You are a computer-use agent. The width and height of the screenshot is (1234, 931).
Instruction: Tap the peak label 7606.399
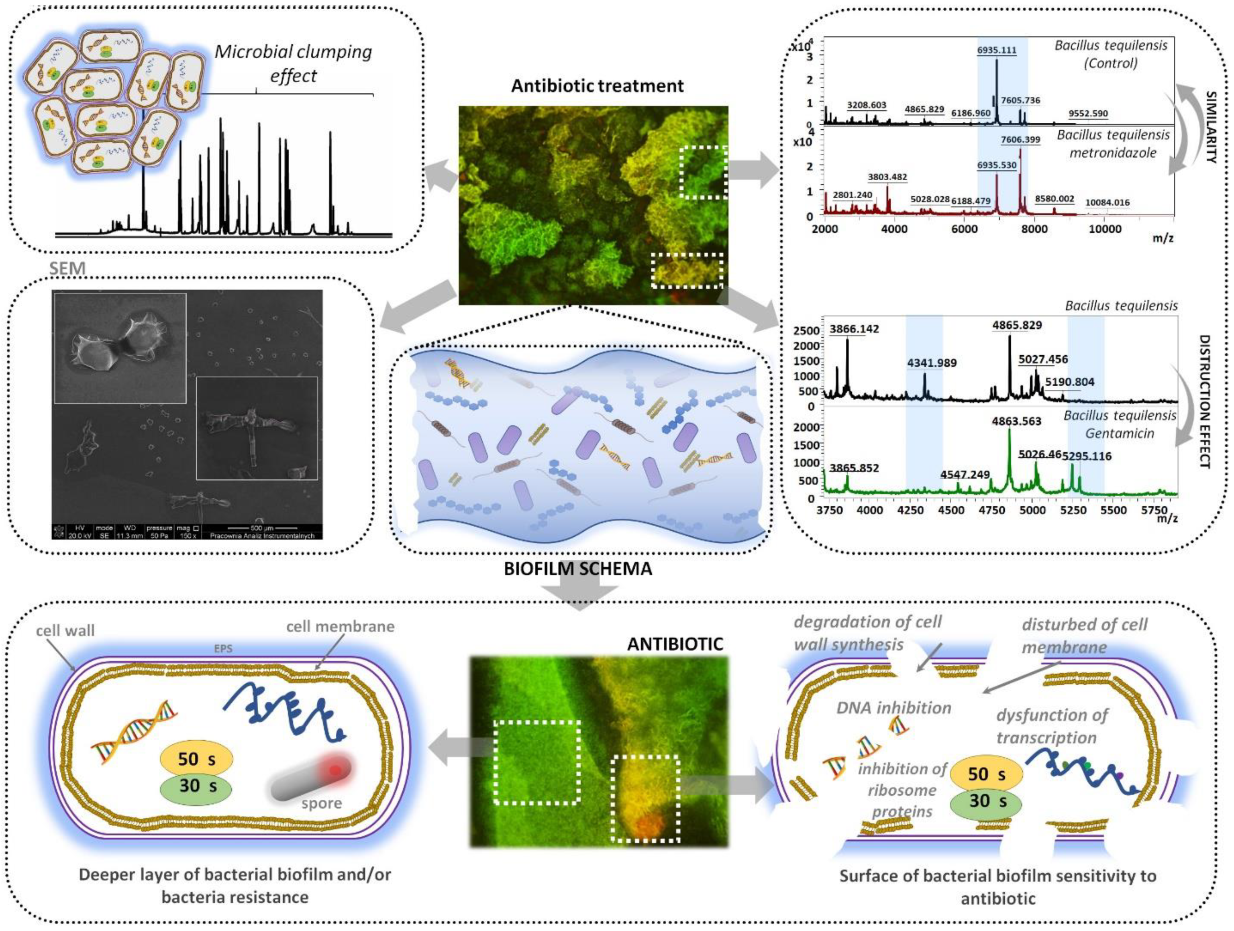[x=1020, y=139]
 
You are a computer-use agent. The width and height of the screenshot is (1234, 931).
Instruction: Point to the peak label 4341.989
[x=932, y=363]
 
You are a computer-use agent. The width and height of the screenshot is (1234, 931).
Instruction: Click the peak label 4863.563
[x=1016, y=421]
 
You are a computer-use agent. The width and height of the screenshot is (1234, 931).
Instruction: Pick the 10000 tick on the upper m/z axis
[x=1105, y=229]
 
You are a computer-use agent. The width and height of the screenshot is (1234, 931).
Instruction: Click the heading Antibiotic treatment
[x=597, y=86]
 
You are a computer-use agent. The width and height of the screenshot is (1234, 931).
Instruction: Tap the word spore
[x=321, y=803]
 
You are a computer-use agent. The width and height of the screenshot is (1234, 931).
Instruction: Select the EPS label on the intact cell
[x=223, y=649]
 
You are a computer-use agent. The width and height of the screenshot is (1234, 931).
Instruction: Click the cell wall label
[x=65, y=631]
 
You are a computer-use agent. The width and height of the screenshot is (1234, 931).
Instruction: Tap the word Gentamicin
[x=1120, y=434]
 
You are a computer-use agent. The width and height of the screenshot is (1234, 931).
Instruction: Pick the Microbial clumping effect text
[x=293, y=63]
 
